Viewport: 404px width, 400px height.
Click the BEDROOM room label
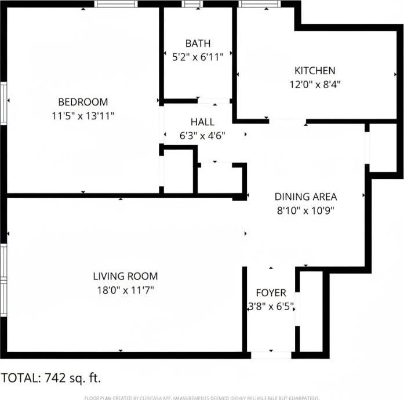83,103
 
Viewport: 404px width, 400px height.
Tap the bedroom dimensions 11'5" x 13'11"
83,115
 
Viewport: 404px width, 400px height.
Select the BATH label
198,43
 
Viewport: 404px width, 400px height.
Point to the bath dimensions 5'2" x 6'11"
198,56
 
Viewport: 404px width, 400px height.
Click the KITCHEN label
315,71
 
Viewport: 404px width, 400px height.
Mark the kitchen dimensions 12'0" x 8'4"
315,83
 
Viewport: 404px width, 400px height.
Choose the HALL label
202,122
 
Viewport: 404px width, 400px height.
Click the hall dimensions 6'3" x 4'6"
202,135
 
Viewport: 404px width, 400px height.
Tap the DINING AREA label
305,197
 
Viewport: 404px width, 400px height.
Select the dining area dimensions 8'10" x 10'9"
305,209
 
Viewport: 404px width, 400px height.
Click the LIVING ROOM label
125,277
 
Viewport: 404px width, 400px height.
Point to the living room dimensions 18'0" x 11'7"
125,289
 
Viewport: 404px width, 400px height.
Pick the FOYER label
271,293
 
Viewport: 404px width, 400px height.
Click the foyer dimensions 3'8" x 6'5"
271,306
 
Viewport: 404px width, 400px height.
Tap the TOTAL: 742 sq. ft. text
51,378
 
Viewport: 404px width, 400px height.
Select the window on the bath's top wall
191,4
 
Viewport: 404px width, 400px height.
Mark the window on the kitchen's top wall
258,4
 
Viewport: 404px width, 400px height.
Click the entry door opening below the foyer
271,354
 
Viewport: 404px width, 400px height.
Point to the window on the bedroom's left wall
3,103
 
